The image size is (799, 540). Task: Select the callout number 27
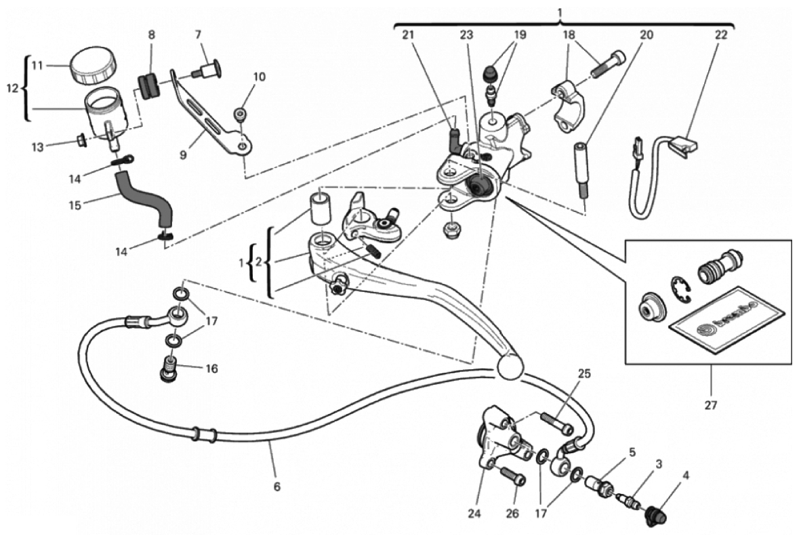[711, 405]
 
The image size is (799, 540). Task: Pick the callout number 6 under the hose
[276, 487]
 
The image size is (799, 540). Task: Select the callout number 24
[474, 514]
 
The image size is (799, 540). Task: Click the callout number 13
[38, 147]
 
